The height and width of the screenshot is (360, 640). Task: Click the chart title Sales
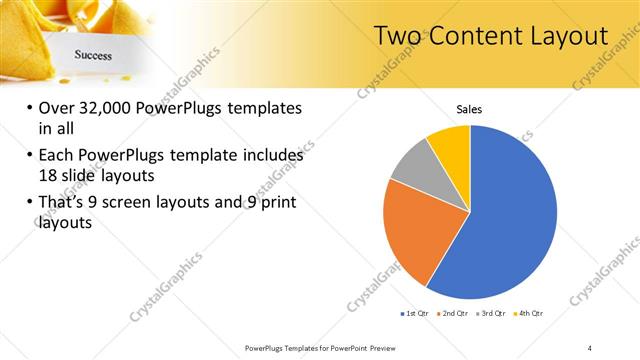470,108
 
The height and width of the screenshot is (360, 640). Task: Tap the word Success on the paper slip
92,56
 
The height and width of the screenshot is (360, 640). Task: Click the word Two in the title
398,36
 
